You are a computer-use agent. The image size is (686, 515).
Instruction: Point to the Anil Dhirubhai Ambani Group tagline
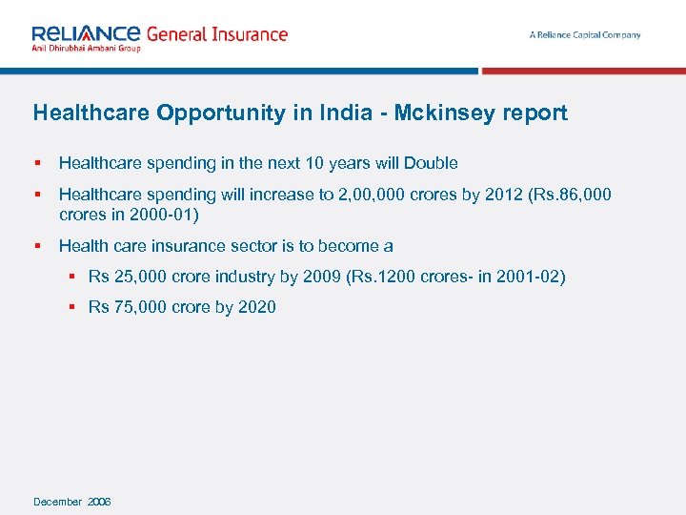(x=86, y=48)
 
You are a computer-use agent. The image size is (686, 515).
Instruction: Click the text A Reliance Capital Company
(x=585, y=35)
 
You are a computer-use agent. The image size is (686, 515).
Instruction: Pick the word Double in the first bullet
(x=432, y=163)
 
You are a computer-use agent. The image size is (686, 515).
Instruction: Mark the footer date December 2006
(x=72, y=502)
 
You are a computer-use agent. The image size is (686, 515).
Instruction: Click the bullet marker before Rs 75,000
(x=72, y=307)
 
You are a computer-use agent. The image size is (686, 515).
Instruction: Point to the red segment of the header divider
(x=583, y=71)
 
